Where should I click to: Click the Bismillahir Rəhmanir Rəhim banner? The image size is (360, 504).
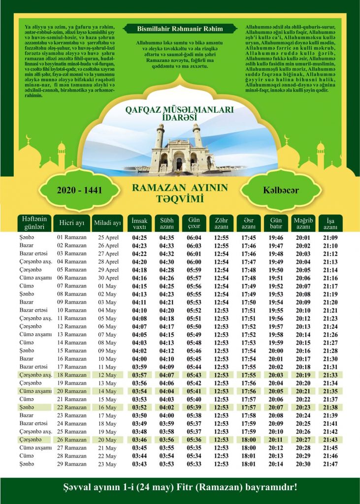tap(180, 29)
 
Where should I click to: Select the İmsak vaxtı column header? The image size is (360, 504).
tap(140, 224)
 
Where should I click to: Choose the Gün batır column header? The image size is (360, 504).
tap(276, 224)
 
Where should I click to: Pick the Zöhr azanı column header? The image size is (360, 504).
tap(221, 224)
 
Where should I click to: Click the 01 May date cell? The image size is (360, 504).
tap(107, 286)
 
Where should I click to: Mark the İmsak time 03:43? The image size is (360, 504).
tap(140, 464)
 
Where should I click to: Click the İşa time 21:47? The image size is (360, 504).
tap(330, 464)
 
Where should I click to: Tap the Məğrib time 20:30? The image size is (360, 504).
tap(303, 464)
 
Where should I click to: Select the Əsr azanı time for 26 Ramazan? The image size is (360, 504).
tap(248, 440)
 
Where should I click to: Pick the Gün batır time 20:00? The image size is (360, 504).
tap(276, 350)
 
